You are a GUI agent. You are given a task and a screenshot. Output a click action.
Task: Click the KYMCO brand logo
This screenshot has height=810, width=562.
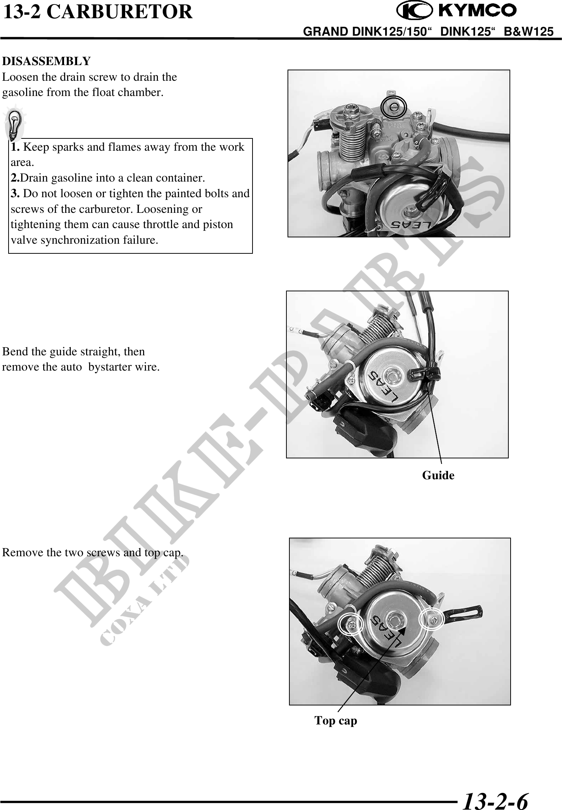pos(457,11)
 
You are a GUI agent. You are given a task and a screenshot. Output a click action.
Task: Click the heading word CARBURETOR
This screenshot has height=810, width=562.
pos(120,12)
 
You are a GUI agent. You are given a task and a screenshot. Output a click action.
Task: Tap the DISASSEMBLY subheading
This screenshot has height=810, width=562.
pos(47,61)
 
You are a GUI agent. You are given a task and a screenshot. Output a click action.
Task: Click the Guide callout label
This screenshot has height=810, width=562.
pos(438,475)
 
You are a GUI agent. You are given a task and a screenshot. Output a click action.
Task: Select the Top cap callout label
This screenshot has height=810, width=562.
pos(336,720)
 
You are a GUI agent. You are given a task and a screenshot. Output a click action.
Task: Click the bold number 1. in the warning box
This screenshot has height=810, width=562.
pos(16,147)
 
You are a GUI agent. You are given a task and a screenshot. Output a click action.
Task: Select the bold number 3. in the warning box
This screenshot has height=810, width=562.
pos(16,193)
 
